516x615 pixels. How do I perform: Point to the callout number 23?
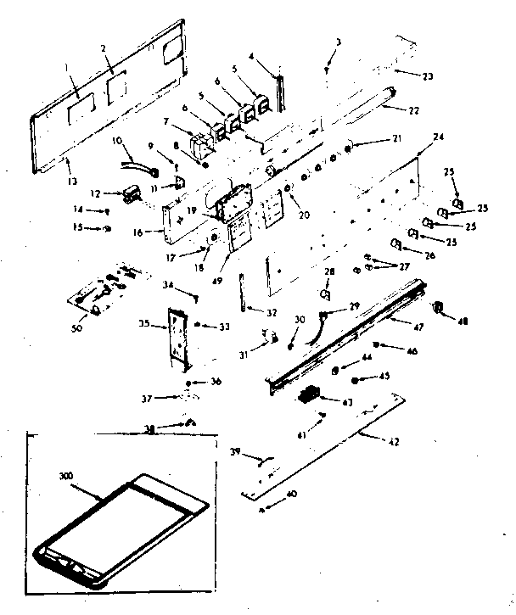(x=427, y=77)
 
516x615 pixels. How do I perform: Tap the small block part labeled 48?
(x=439, y=307)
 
